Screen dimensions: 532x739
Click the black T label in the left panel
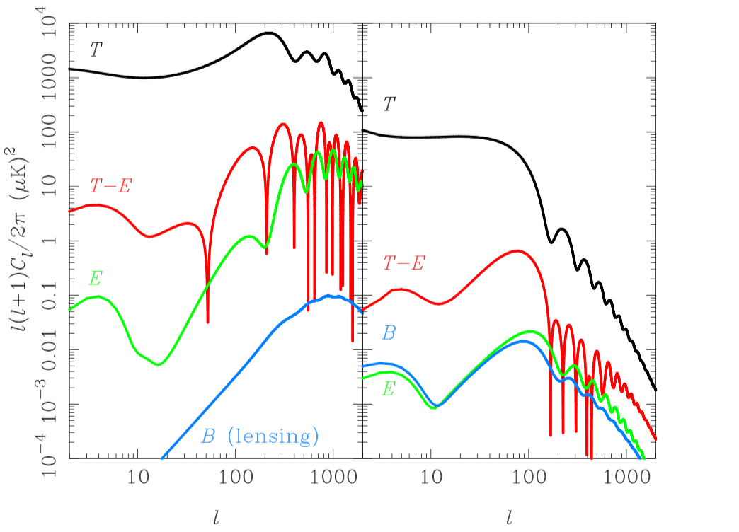coord(94,50)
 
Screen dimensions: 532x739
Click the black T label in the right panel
coord(389,105)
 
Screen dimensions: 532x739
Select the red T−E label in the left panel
coord(111,186)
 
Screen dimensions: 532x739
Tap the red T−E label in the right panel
coord(404,264)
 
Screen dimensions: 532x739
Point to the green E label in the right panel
coord(388,388)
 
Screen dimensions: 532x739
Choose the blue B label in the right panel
coord(389,332)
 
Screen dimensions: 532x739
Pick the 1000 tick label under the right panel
coord(624,480)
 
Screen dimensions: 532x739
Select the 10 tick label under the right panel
coord(431,480)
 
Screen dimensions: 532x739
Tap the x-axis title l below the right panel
coord(510,517)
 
